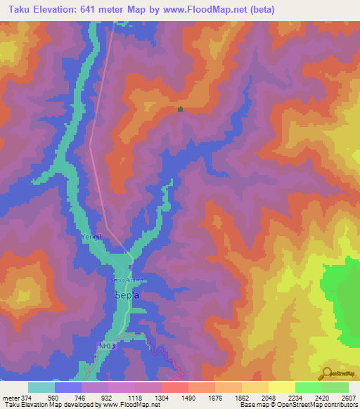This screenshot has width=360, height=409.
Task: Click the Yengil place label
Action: pos(91,238)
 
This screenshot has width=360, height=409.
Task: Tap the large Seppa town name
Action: pos(127,296)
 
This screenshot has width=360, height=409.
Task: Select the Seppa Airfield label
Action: pos(127,280)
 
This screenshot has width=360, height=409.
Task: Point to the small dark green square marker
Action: pos(181,109)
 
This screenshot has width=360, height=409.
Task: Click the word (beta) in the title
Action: pos(259,10)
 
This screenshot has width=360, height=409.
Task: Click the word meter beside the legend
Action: pos(11,398)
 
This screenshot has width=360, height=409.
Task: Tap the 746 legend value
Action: pos(81,398)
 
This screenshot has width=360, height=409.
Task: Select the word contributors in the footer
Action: pos(339,405)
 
